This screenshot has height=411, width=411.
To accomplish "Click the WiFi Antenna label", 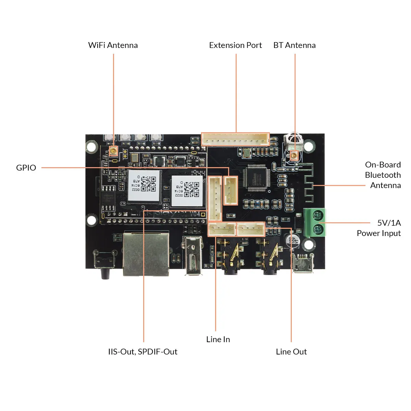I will point(113,45).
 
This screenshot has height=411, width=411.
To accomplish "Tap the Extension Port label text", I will point(235,45).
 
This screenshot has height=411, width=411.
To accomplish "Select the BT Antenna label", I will point(294,45).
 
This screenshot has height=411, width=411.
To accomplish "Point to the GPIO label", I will point(26,167).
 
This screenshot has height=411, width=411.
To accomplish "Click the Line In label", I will point(218,339).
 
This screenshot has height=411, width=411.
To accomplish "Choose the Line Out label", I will point(291,351).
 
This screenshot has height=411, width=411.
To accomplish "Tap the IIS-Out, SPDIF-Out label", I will point(142,351).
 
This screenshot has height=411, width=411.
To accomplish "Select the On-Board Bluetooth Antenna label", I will point(383,175).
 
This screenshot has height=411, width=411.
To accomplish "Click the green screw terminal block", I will point(315,222).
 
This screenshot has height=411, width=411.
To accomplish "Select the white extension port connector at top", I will point(235,139).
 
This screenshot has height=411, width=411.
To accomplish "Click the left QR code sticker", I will point(145,185).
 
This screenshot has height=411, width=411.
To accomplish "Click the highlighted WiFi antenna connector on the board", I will point(113,150).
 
